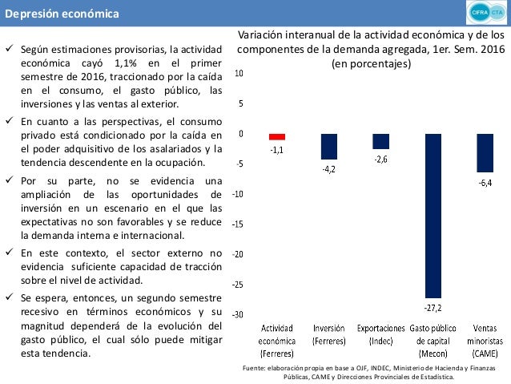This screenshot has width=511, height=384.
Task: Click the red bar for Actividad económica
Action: [277, 137]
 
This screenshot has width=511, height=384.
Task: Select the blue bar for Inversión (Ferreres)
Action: [328, 146]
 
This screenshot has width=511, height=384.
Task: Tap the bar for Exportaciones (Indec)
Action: [380, 141]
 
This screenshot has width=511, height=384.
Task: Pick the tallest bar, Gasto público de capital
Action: [433, 216]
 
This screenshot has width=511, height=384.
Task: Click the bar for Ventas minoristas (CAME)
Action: [485, 152]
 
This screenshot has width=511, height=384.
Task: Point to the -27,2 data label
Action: [433, 307]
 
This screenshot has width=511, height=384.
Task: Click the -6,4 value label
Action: [485, 183]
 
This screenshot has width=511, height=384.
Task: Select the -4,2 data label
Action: [328, 168]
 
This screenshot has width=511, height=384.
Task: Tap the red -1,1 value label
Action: [277, 149]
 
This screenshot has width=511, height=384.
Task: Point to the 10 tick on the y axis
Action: [239, 73]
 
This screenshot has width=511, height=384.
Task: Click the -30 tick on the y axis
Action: [238, 314]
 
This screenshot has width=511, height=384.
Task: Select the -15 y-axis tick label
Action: [238, 224]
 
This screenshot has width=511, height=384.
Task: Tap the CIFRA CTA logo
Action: [485, 14]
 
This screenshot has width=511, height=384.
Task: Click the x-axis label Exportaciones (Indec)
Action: [380, 334]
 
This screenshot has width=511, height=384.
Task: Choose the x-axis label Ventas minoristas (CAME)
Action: [485, 341]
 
